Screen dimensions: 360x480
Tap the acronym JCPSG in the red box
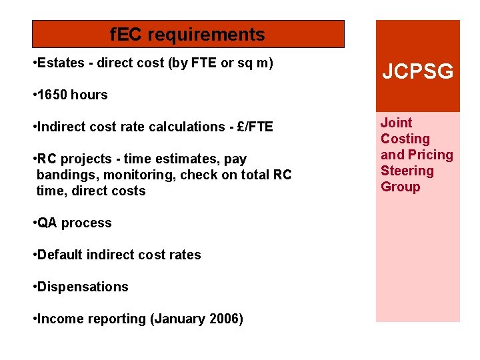tap(417, 71)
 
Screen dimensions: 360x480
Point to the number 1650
tap(53, 95)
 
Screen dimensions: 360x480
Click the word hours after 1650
tap(89, 95)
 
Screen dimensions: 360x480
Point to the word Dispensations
tap(83, 287)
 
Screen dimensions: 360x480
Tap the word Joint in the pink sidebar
tap(396, 123)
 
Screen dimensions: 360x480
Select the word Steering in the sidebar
tap(407, 171)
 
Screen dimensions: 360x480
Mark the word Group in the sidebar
tap(400, 187)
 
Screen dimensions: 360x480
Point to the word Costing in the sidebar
tap(405, 139)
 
